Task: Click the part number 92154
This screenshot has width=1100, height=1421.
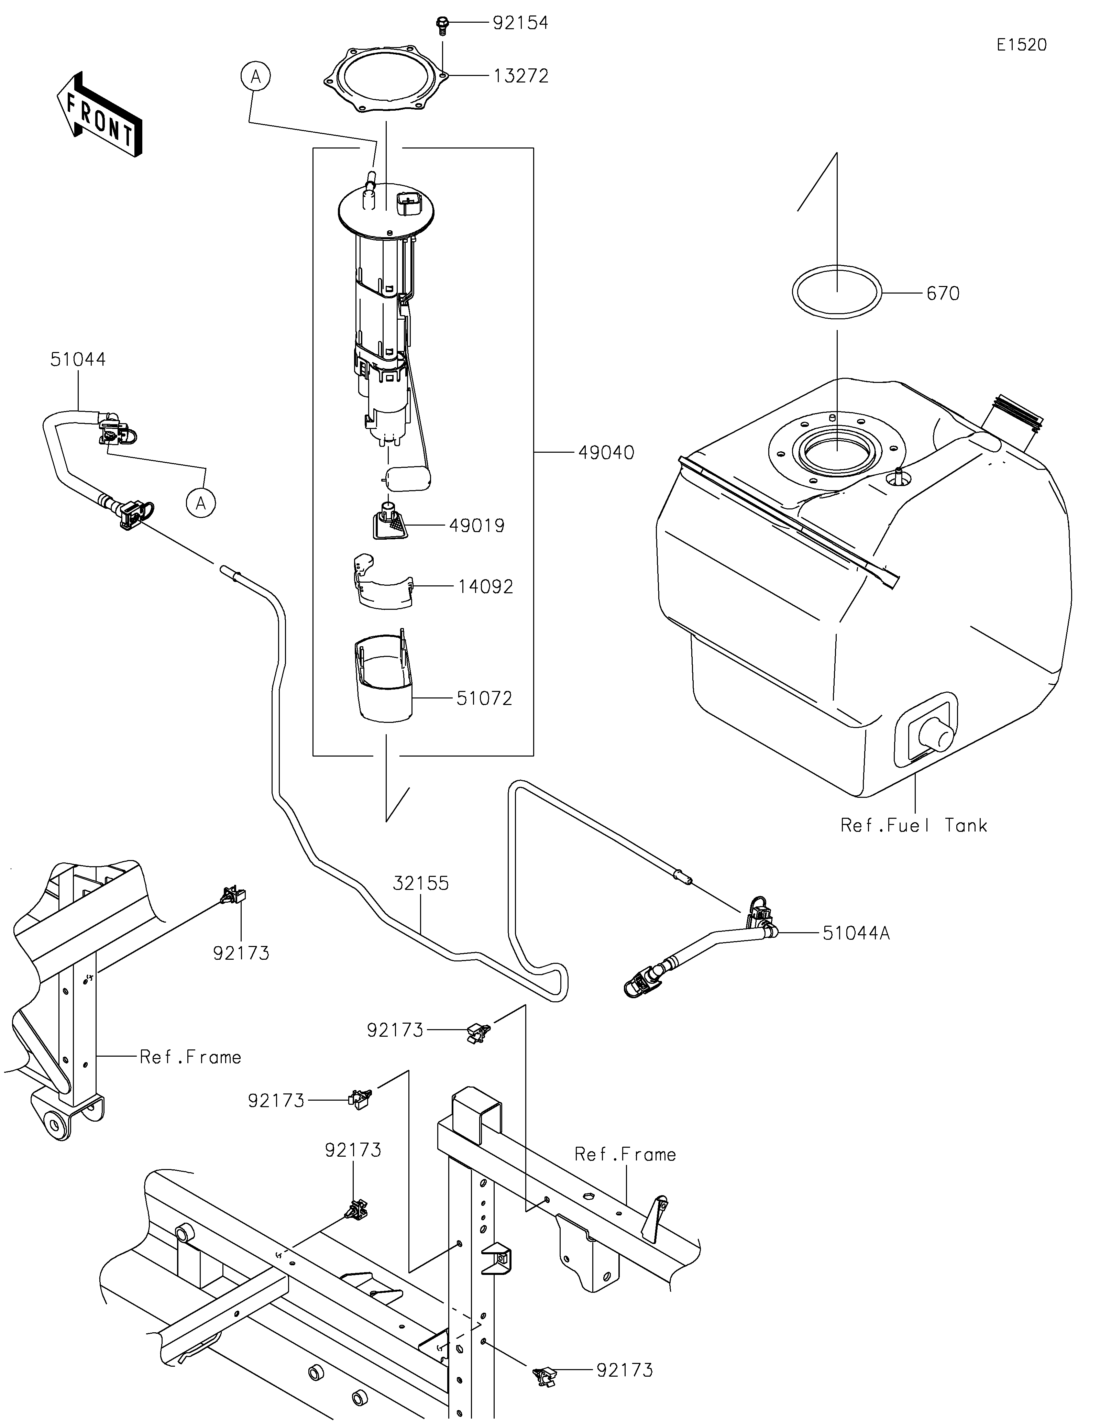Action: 520,23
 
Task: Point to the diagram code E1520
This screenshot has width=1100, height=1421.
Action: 1021,45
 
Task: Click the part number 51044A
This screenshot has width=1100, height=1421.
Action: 856,934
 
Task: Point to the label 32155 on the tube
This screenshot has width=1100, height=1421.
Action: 421,883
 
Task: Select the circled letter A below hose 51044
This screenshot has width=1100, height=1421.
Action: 201,503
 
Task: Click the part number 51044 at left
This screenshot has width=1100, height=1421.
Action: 78,360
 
